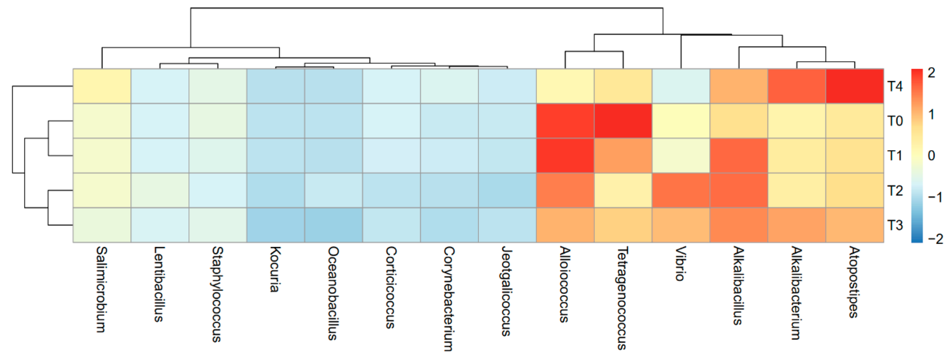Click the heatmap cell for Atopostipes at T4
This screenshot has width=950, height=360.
pos(854,86)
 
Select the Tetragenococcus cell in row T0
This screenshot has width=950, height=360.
pos(623,121)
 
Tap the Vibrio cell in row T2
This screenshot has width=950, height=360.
pos(681,190)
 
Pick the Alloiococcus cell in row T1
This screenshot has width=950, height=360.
pos(565,155)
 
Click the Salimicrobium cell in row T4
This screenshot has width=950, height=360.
pos(102,86)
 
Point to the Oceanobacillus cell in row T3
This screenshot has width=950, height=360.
pos(333,225)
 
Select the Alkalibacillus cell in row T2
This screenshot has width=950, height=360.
pos(739,190)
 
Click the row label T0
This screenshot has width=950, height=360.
pos(895,121)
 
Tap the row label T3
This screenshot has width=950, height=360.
pos(895,225)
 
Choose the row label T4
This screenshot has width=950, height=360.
pos(895,86)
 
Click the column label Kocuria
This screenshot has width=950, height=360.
pos(275,269)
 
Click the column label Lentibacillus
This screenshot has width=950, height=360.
pos(159,284)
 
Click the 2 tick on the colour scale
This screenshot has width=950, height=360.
pos(931,73)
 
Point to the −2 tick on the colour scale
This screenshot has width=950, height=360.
pos(935,239)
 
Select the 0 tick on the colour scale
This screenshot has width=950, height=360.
pos(931,156)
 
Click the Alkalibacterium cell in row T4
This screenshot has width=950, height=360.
pos(796,86)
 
